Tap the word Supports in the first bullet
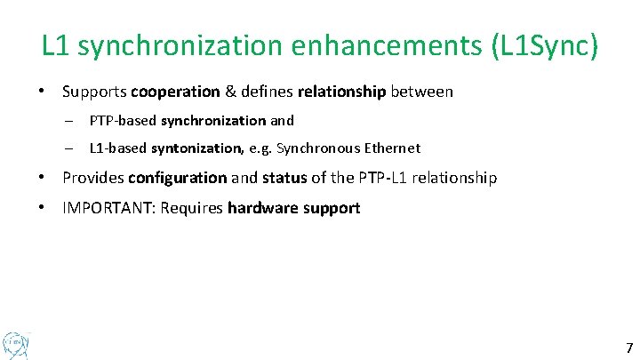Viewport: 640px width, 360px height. click(95, 92)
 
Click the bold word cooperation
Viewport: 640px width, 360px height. click(175, 92)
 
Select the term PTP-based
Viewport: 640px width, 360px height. click(124, 120)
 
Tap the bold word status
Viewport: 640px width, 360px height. click(284, 178)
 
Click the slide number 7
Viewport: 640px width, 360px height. click(629, 348)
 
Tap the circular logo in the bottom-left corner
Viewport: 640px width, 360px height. click(16, 342)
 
